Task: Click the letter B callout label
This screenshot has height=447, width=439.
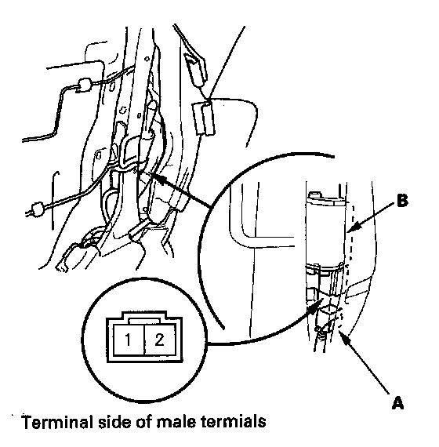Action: point(402,200)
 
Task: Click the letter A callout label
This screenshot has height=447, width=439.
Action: point(397,403)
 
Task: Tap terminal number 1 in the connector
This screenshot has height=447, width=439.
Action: point(128,340)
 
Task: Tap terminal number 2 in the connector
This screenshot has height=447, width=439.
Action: point(159,340)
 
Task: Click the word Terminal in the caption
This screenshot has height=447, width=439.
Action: point(57,422)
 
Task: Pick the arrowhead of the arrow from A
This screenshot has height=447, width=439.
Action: point(344,338)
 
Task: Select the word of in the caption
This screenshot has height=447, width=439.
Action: point(144,422)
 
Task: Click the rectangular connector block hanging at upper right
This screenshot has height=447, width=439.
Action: point(204,118)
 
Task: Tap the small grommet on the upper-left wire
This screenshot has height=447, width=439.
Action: point(84,85)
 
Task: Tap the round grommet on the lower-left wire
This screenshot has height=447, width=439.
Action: point(38,209)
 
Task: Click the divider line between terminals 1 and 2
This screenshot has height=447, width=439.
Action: point(144,340)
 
